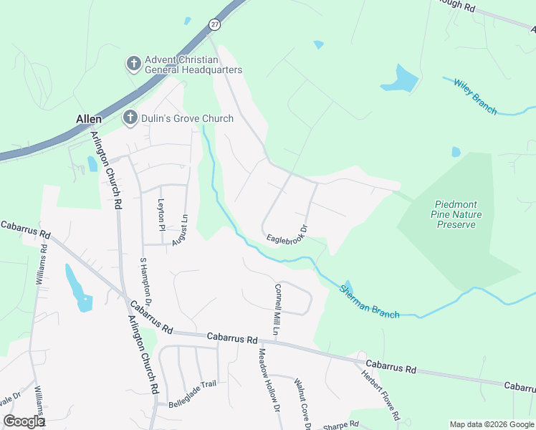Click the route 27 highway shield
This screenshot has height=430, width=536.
[x=215, y=24]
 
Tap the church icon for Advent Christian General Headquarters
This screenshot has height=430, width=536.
[x=133, y=64]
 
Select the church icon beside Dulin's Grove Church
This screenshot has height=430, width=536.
[x=130, y=118]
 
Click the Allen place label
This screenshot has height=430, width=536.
[x=89, y=118]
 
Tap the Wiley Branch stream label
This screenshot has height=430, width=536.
[x=475, y=96]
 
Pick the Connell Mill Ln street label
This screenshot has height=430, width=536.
[x=278, y=309]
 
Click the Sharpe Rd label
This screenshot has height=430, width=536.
[x=340, y=425]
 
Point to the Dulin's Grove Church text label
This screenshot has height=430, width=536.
[x=187, y=118]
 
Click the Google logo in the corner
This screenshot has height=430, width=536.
[x=24, y=421]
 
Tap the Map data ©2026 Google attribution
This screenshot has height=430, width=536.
[x=492, y=424]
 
